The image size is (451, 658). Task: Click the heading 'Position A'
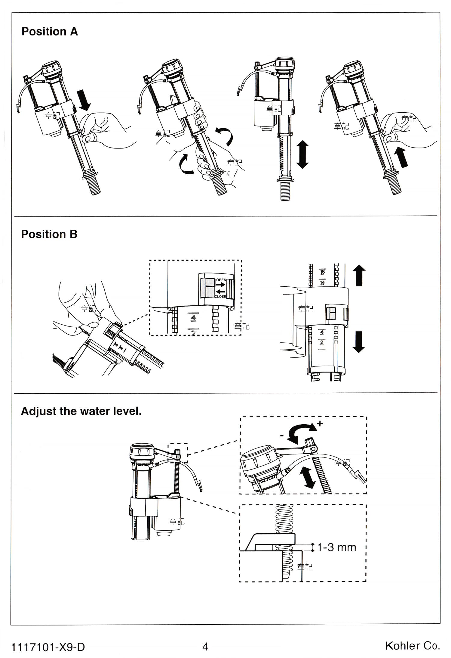(x=50, y=31)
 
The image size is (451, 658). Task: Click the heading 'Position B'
(x=49, y=234)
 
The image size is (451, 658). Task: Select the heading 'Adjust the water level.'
(x=81, y=411)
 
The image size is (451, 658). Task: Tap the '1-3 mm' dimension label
(x=336, y=547)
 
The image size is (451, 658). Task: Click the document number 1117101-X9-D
(x=48, y=647)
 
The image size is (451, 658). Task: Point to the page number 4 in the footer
(x=205, y=647)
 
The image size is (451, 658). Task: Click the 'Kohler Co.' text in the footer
(x=413, y=646)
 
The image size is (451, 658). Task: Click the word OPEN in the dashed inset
(x=221, y=280)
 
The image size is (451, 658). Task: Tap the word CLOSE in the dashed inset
(x=220, y=296)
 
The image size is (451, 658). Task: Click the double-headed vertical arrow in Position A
(x=302, y=154)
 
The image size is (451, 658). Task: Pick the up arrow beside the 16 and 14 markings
(x=359, y=275)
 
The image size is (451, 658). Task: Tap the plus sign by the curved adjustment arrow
(x=320, y=423)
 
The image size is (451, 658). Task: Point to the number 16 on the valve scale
(x=322, y=272)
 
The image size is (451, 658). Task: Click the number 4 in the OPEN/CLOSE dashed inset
(x=193, y=317)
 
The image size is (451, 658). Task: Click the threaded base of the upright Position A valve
(x=285, y=191)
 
